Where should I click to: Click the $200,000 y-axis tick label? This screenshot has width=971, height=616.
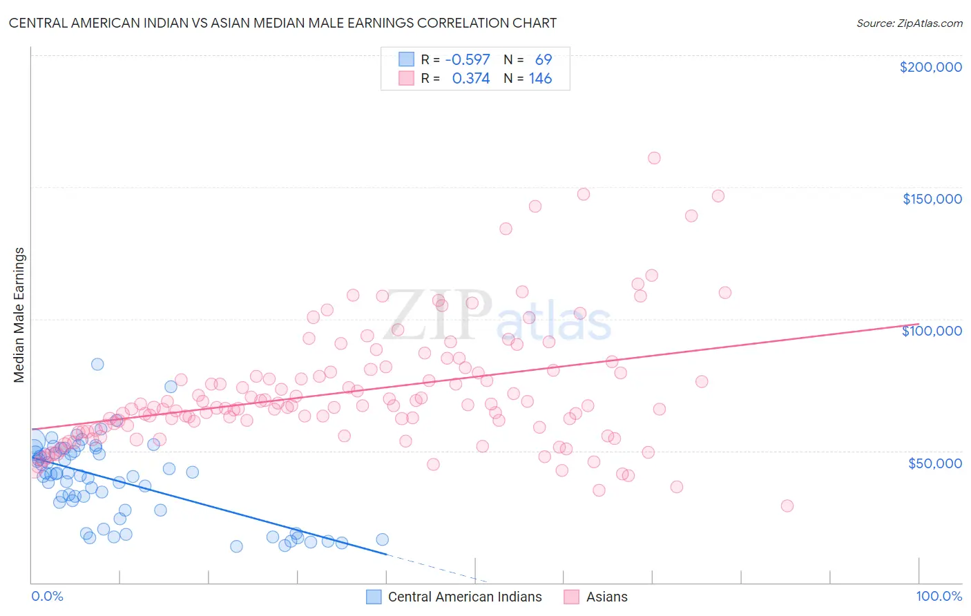pyautogui.click(x=930, y=67)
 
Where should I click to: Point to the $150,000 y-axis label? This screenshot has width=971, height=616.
pyautogui.click(x=932, y=199)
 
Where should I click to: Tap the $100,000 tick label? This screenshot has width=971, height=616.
pyautogui.click(x=932, y=331)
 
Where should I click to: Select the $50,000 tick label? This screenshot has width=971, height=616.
pyautogui.click(x=934, y=463)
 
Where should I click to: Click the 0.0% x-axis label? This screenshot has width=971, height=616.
pyautogui.click(x=47, y=596)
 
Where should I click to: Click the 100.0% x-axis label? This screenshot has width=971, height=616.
pyautogui.click(x=939, y=596)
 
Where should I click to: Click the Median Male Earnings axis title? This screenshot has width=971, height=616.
pyautogui.click(x=19, y=315)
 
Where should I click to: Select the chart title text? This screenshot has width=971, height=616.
pyautogui.click(x=282, y=23)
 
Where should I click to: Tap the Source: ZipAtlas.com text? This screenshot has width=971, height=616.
pyautogui.click(x=909, y=23)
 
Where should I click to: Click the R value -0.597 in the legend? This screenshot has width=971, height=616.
pyautogui.click(x=468, y=59)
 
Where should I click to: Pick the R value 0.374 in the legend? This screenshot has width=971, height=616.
pyautogui.click(x=470, y=78)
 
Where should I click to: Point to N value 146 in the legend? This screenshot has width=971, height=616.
pyautogui.click(x=540, y=78)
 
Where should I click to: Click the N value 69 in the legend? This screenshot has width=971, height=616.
pyautogui.click(x=544, y=59)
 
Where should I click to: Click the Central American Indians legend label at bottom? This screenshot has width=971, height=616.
pyautogui.click(x=465, y=597)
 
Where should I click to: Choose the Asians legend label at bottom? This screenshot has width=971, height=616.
pyautogui.click(x=606, y=597)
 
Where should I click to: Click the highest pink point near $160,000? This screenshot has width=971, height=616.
pyautogui.click(x=654, y=158)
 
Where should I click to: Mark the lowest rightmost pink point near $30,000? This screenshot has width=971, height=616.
pyautogui.click(x=787, y=506)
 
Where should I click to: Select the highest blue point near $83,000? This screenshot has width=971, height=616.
pyautogui.click(x=97, y=364)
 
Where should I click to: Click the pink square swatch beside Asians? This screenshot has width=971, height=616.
pyautogui.click(x=571, y=597)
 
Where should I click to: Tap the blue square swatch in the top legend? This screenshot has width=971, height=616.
pyautogui.click(x=406, y=59)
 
